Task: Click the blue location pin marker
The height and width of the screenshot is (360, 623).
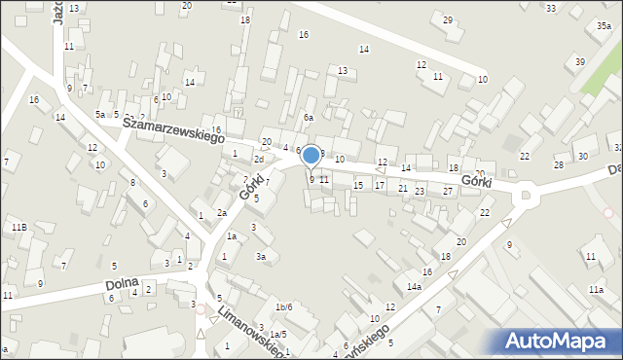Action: (311, 156)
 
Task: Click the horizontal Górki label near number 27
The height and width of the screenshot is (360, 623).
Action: (476, 182)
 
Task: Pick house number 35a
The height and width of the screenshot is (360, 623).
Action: (605, 26)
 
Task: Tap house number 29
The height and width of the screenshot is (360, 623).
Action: (448, 20)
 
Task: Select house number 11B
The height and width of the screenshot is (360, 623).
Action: (18, 227)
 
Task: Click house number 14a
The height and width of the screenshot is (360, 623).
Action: (414, 287)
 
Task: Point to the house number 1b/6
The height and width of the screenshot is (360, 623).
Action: (283, 307)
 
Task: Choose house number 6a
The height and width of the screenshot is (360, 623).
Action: (308, 118)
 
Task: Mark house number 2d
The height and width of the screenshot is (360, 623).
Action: (259, 160)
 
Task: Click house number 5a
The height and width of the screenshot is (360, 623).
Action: (99, 115)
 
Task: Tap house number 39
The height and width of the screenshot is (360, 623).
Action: (580, 62)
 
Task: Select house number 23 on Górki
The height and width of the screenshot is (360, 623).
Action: (419, 192)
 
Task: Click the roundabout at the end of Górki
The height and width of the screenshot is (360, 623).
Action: (528, 195)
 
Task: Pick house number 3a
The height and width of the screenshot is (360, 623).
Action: (261, 257)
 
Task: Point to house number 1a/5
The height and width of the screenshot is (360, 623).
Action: (278, 335)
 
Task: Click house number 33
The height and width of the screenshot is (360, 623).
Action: (551, 8)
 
